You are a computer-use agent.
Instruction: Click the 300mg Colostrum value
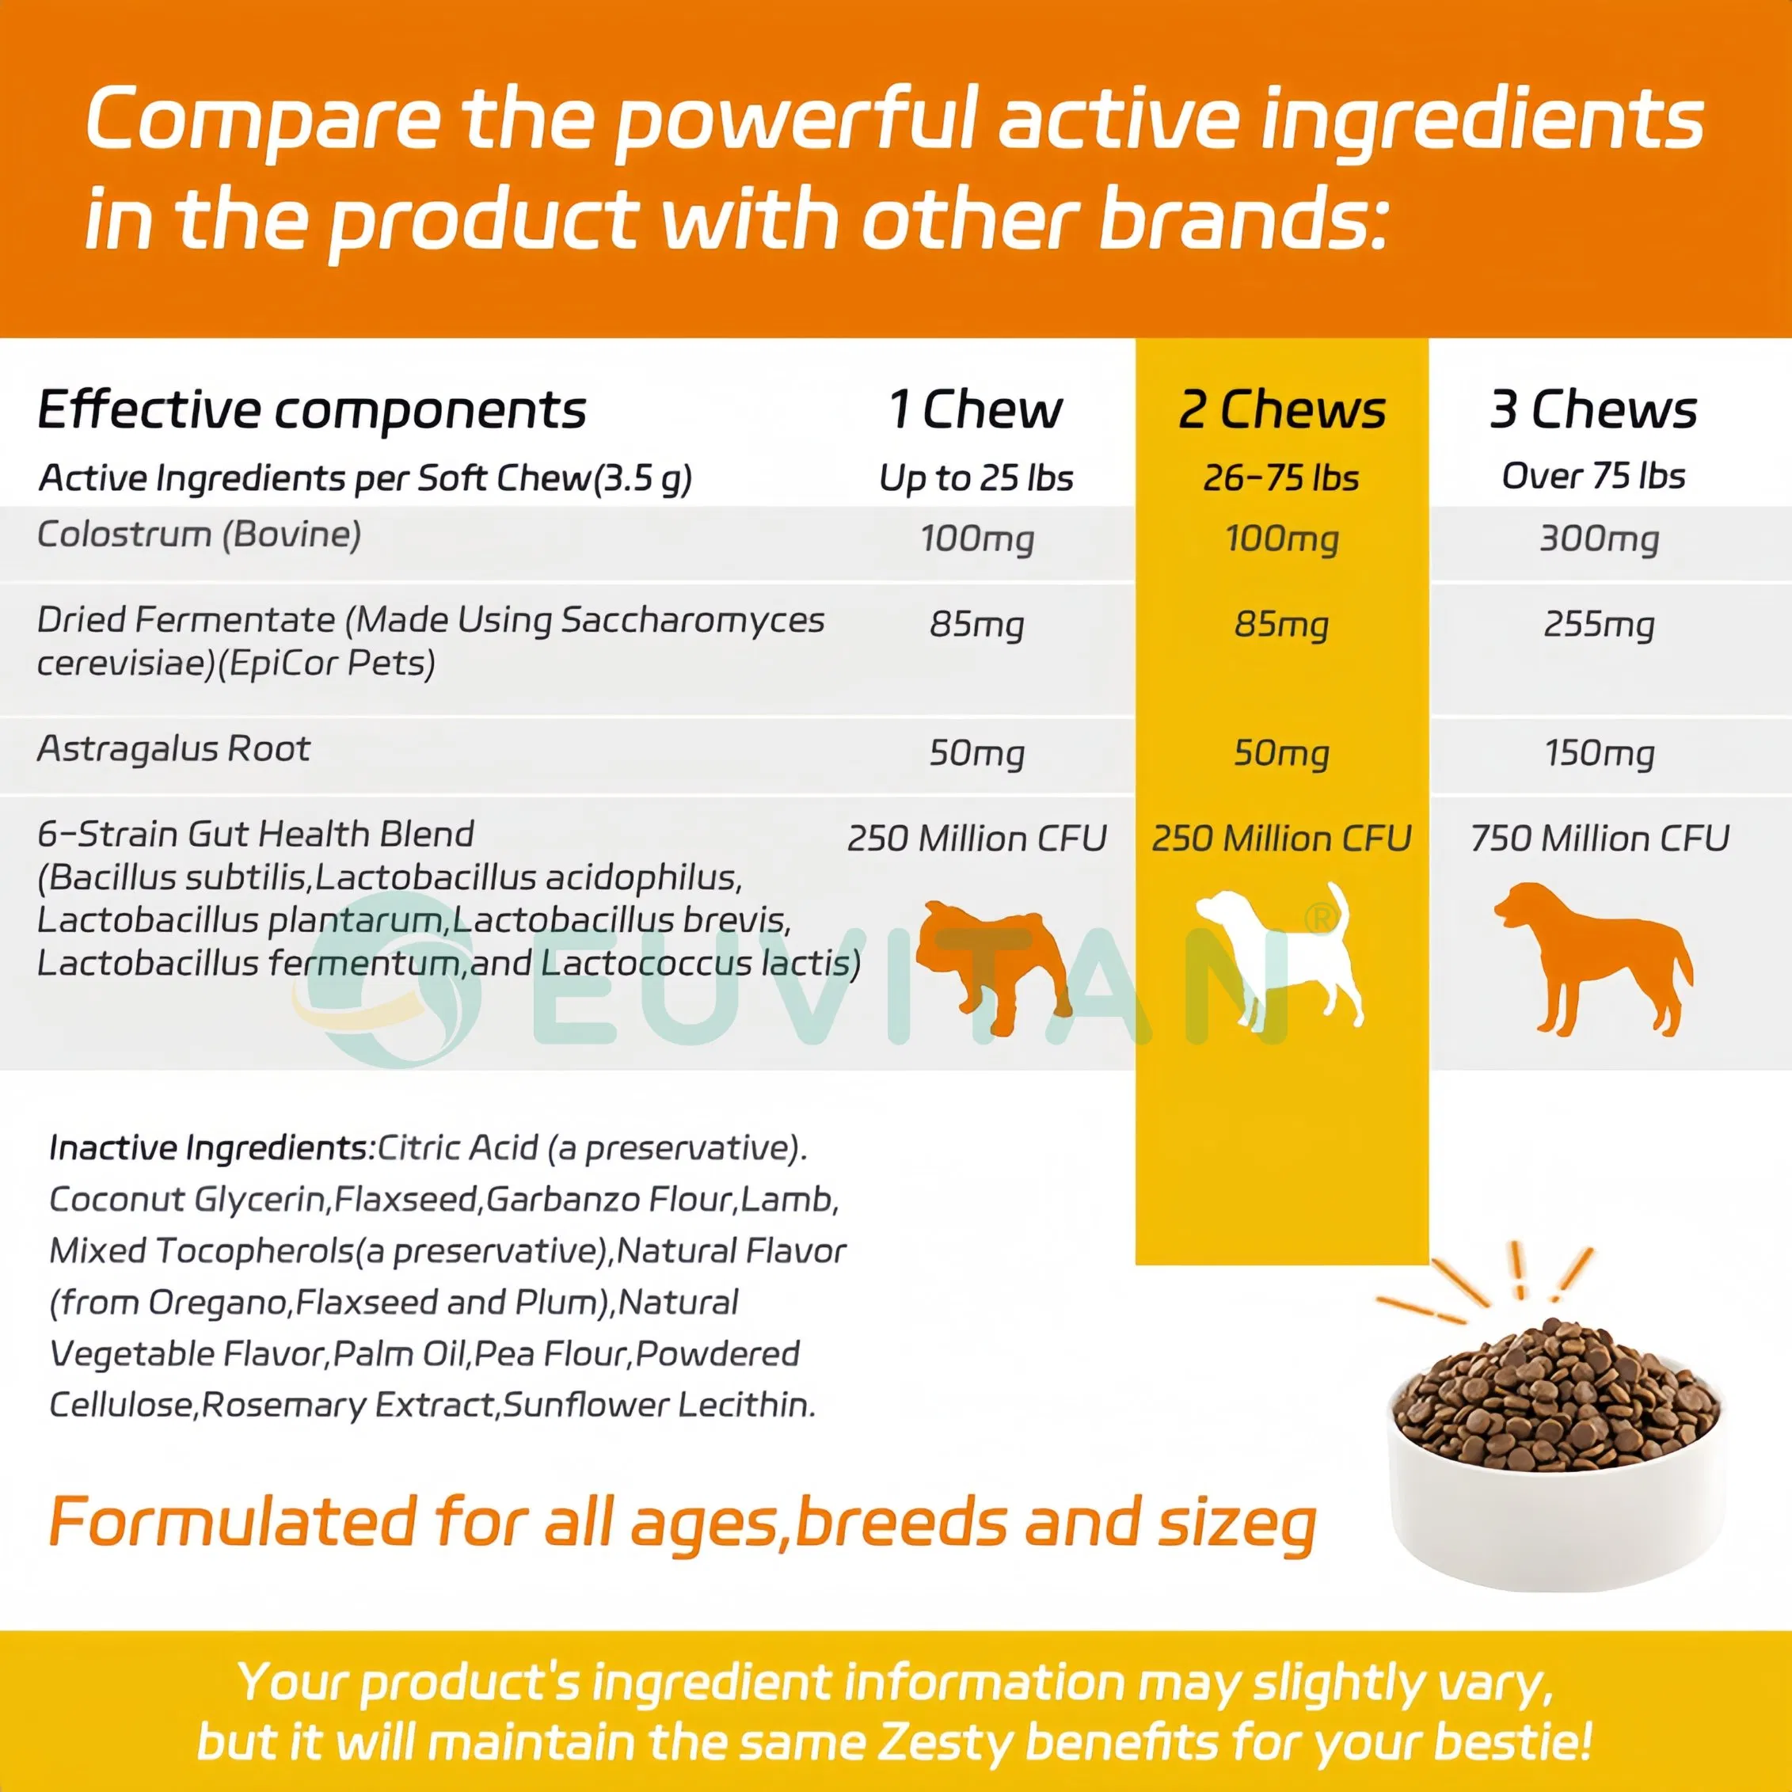pos(1599,539)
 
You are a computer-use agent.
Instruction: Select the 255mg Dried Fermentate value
pos(1599,624)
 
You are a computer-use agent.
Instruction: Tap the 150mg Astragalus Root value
pos(1599,752)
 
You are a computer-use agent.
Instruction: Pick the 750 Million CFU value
pos(1599,839)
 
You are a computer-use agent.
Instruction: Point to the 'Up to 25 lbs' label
pos(976,477)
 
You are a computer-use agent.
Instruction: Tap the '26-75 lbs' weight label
pos(1281,477)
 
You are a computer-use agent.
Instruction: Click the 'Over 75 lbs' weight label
pos(1593,476)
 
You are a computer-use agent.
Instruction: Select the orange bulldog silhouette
pos(992,964)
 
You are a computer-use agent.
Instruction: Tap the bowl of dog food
pos(1554,1447)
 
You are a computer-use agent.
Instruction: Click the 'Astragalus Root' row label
pos(173,748)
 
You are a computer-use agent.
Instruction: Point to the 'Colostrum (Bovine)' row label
pos(199,535)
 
